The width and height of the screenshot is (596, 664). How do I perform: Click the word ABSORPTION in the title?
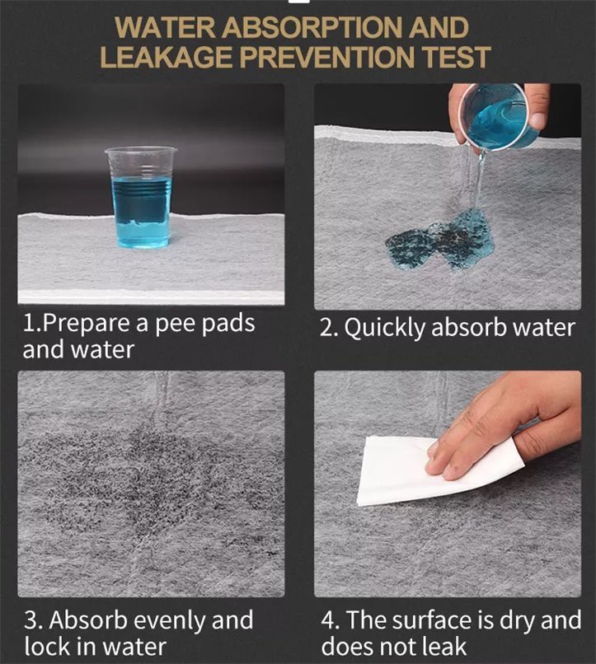pyautogui.click(x=312, y=27)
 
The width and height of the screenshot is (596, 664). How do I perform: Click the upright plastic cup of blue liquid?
pyautogui.click(x=141, y=198)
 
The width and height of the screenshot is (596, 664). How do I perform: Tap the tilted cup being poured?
pyautogui.click(x=495, y=115)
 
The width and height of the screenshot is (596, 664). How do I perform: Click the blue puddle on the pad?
pyautogui.click(x=441, y=239)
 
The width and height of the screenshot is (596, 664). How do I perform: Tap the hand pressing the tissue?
pyautogui.click(x=504, y=428)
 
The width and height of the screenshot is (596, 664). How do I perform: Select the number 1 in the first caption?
pyautogui.click(x=29, y=324)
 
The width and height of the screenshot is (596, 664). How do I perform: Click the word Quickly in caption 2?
pyautogui.click(x=384, y=328)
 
